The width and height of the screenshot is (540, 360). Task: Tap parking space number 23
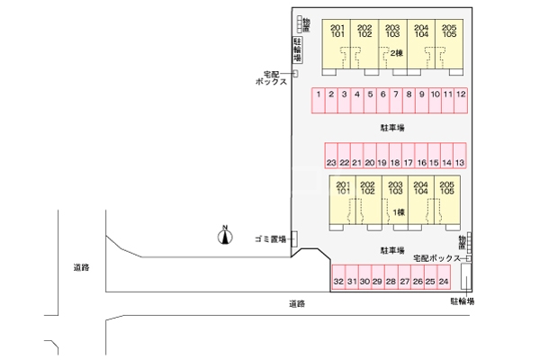point(331,162)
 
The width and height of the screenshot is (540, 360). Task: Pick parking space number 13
point(459,162)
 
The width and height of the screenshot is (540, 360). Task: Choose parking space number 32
point(338,282)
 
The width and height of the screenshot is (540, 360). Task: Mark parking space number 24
point(444,282)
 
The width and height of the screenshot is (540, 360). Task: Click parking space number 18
point(395,162)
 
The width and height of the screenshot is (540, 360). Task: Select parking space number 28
point(391,282)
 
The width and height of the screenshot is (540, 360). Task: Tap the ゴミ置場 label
point(269,238)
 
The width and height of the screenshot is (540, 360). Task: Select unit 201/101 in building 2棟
point(337,31)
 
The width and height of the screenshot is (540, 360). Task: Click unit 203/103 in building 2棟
point(392,31)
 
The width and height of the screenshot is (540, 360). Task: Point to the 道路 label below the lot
point(297,303)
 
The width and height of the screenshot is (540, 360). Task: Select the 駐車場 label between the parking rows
point(391,128)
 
